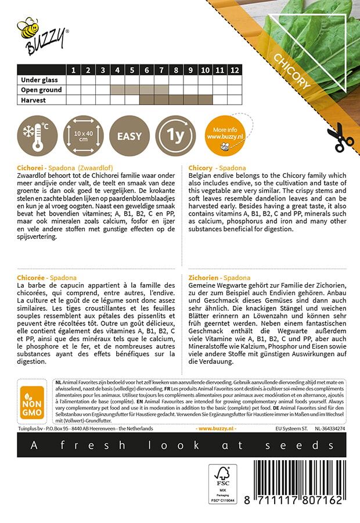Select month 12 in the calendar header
click(x=235, y=70)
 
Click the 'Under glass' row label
click(x=41, y=80)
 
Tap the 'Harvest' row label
click(x=34, y=100)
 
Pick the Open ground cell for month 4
click(x=117, y=90)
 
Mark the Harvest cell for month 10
click(x=206, y=100)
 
